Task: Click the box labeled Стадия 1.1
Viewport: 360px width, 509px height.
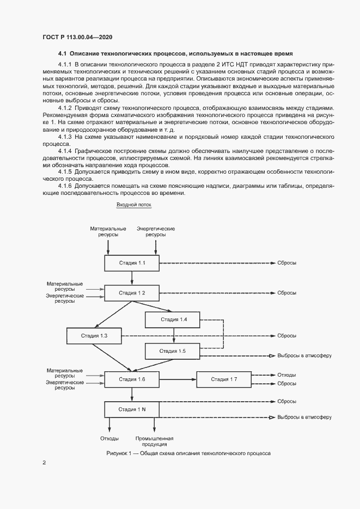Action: tap(132, 263)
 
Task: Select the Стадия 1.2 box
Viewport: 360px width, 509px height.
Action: tap(132, 293)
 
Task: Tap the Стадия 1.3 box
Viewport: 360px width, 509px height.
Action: tap(94, 336)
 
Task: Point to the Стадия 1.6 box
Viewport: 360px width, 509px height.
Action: tap(132, 379)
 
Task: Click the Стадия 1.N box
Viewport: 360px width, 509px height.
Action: tap(132, 409)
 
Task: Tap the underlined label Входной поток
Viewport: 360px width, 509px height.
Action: tap(134, 205)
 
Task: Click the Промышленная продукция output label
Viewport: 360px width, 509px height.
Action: tap(154, 440)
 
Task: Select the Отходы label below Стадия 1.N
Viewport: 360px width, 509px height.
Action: tap(109, 438)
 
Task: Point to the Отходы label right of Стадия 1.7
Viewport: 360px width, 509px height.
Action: tap(286, 375)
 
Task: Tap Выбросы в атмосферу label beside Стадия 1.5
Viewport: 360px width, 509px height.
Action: tap(304, 355)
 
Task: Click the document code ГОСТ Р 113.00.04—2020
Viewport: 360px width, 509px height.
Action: tap(77, 37)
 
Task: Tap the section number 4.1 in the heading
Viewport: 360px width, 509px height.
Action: tap(62, 54)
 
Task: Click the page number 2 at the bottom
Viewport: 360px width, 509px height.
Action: tap(44, 463)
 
